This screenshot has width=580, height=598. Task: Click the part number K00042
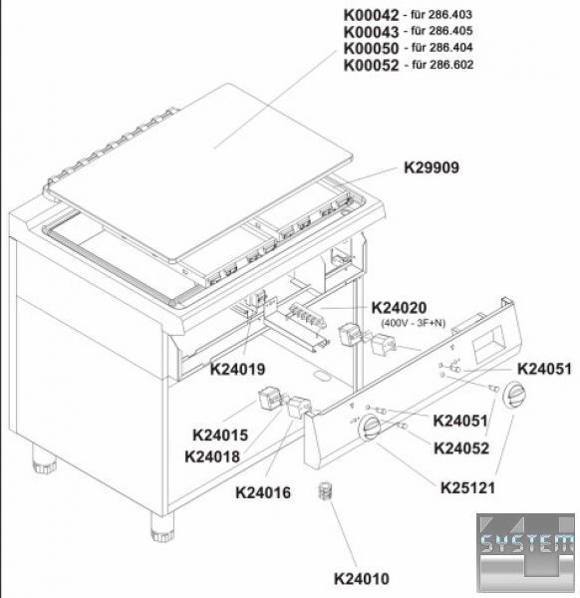[x=371, y=15]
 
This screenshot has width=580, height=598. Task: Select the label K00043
[x=371, y=32]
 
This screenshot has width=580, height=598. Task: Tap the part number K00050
[x=371, y=49]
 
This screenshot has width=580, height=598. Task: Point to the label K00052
[x=371, y=66]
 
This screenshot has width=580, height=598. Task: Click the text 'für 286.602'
[x=442, y=65]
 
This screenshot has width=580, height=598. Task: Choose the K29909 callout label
[x=432, y=167]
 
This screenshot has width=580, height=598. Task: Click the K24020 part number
[x=399, y=307]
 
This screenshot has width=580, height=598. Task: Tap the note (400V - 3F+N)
[x=414, y=323]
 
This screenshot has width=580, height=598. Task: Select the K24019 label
[x=237, y=369]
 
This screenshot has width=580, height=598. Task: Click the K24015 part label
[x=220, y=436]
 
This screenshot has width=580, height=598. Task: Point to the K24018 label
[x=212, y=456]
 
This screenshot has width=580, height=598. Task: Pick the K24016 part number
[x=263, y=492]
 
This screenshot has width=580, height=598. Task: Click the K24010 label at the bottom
[x=362, y=578]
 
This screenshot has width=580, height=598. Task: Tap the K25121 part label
[x=467, y=487]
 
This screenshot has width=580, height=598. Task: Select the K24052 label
[x=461, y=448]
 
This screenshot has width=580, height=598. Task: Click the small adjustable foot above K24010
[x=325, y=491]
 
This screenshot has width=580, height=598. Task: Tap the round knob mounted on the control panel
[x=369, y=427]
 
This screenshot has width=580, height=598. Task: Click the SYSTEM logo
[x=525, y=553]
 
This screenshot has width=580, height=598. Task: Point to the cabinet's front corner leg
[x=162, y=527]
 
